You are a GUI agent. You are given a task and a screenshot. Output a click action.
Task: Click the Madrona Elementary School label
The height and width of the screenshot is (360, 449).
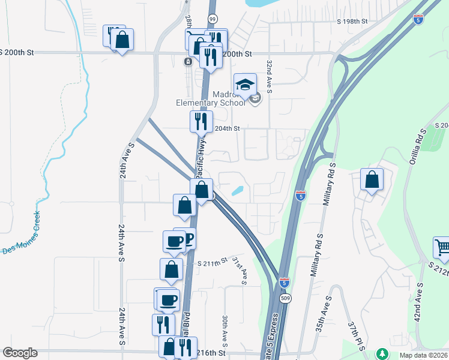(211, 98)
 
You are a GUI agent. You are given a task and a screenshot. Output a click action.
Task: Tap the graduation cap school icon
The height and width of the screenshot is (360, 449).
(245, 85)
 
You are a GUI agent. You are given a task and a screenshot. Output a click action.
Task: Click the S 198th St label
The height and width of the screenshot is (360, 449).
(352, 21)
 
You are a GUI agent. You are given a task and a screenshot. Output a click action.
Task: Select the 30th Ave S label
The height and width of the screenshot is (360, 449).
(224, 331)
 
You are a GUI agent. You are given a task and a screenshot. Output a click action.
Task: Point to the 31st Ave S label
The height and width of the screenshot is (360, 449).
(240, 269)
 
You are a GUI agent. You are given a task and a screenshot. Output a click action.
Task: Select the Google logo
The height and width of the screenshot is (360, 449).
(20, 353)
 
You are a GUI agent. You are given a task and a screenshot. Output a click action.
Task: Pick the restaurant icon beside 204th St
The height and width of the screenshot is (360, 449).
(201, 121)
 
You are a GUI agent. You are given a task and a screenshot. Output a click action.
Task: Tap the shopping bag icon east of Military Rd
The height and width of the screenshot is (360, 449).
(372, 180)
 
